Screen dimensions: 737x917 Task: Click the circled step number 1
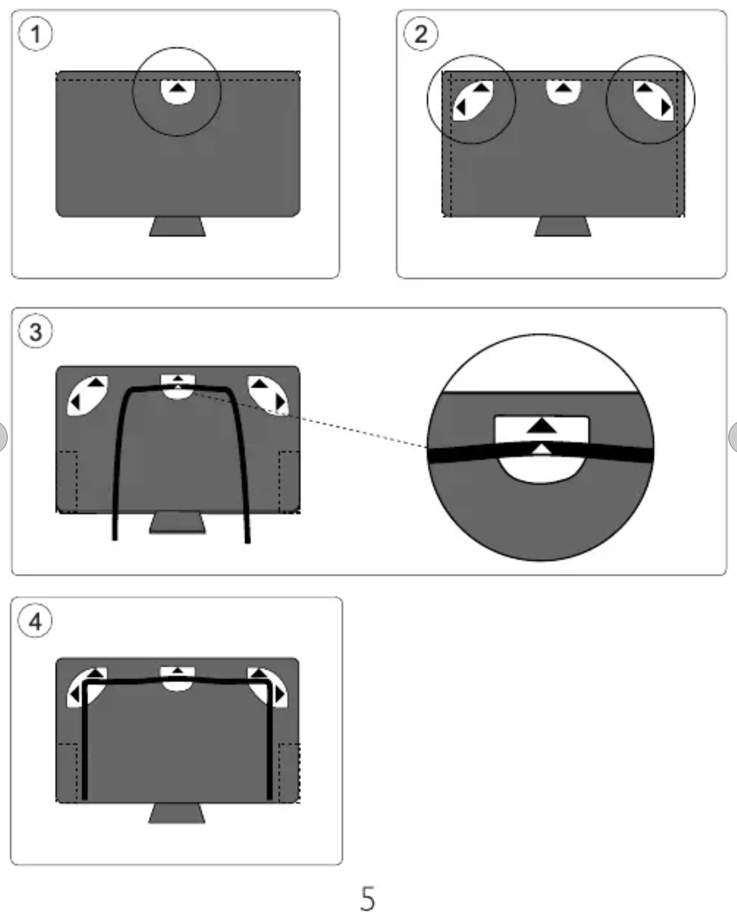(35, 34)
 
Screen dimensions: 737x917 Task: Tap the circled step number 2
(421, 34)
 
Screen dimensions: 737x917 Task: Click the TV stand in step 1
(178, 226)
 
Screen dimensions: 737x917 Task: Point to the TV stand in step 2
(563, 226)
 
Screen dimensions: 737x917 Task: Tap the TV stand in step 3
(178, 523)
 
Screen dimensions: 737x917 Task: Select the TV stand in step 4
(177, 813)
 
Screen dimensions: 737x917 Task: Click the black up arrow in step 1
(177, 87)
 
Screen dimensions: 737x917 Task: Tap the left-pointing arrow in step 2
(461, 107)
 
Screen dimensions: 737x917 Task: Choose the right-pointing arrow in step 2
(666, 107)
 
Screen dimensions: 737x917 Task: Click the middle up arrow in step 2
(563, 88)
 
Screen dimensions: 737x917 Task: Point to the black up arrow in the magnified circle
(542, 426)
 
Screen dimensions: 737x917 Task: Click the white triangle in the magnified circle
(542, 449)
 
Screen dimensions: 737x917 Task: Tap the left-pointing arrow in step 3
(75, 401)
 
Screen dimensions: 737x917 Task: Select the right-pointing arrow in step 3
(281, 401)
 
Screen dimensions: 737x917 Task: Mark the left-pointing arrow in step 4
(75, 694)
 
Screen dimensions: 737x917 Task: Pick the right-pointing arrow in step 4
(280, 694)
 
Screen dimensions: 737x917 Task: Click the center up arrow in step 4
(177, 671)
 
